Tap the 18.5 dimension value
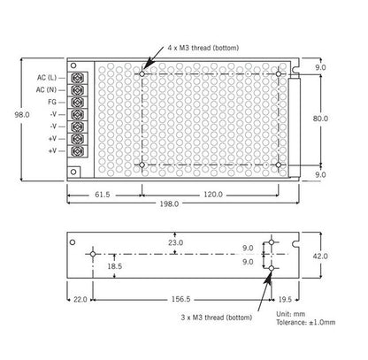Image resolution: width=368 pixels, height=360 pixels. (114, 265)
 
